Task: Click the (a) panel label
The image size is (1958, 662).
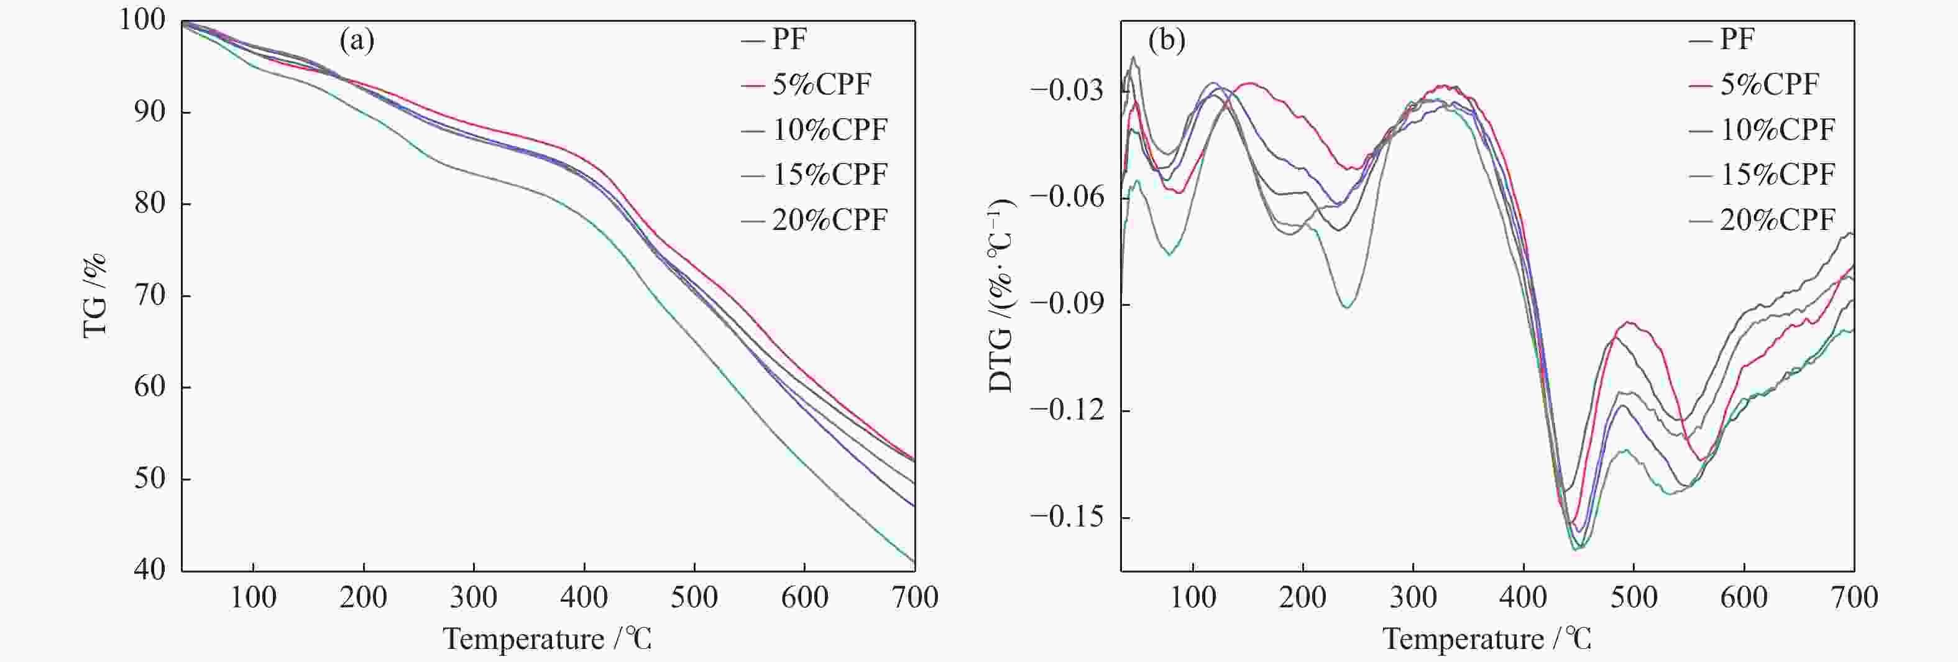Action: click(x=357, y=40)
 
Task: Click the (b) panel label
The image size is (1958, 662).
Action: click(x=1167, y=40)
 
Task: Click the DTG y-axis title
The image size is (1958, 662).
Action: click(x=1003, y=295)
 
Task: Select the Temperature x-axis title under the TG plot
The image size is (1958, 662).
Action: click(x=547, y=638)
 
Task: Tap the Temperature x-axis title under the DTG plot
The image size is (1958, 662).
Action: click(x=1487, y=638)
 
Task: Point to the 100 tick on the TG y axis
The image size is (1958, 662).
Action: click(x=142, y=21)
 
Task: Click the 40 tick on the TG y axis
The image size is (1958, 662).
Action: click(x=150, y=570)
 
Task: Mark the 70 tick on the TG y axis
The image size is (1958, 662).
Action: click(x=150, y=296)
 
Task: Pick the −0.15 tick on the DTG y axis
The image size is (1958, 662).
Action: click(x=1067, y=518)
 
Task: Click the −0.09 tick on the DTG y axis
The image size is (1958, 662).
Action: click(x=1067, y=304)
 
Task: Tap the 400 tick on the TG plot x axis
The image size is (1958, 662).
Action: click(x=584, y=597)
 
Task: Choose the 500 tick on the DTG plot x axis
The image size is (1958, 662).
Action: click(x=1634, y=597)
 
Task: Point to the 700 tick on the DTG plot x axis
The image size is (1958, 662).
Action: click(x=1854, y=597)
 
